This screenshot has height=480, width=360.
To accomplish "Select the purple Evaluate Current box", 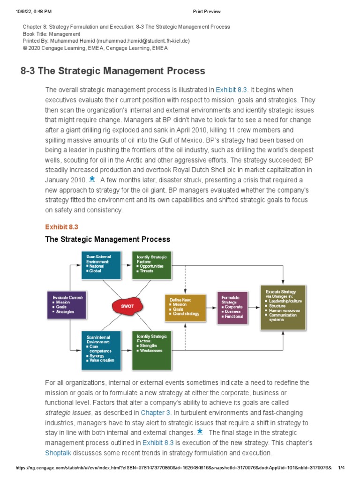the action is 67,305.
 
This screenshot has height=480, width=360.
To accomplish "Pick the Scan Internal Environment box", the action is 101,350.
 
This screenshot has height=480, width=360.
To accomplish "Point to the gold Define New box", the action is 185,307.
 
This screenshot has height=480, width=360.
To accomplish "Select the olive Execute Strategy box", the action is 283,307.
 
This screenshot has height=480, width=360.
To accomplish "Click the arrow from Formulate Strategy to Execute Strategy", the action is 254,307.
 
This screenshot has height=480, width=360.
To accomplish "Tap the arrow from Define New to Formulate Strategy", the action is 211,307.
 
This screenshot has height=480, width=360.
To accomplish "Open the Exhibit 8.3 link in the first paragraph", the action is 231,90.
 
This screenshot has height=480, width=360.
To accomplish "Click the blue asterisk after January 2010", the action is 92,179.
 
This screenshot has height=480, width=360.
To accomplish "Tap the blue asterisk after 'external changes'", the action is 200,432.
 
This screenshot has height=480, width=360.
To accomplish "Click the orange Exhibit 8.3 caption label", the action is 61,227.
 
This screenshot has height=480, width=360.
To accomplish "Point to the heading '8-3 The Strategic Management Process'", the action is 113,71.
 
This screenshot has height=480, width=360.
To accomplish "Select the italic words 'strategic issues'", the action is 68,412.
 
